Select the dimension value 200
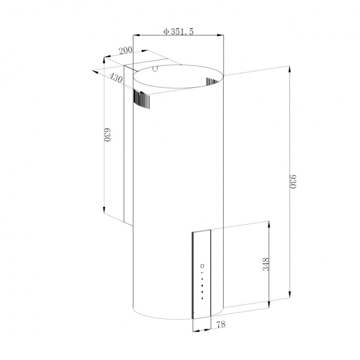[126, 50]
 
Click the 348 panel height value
[266, 265]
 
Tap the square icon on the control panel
[202, 267]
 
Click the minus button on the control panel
[202, 273]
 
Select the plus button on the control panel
[202, 279]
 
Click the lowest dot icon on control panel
[202, 298]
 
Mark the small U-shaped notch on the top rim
[155, 69]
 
